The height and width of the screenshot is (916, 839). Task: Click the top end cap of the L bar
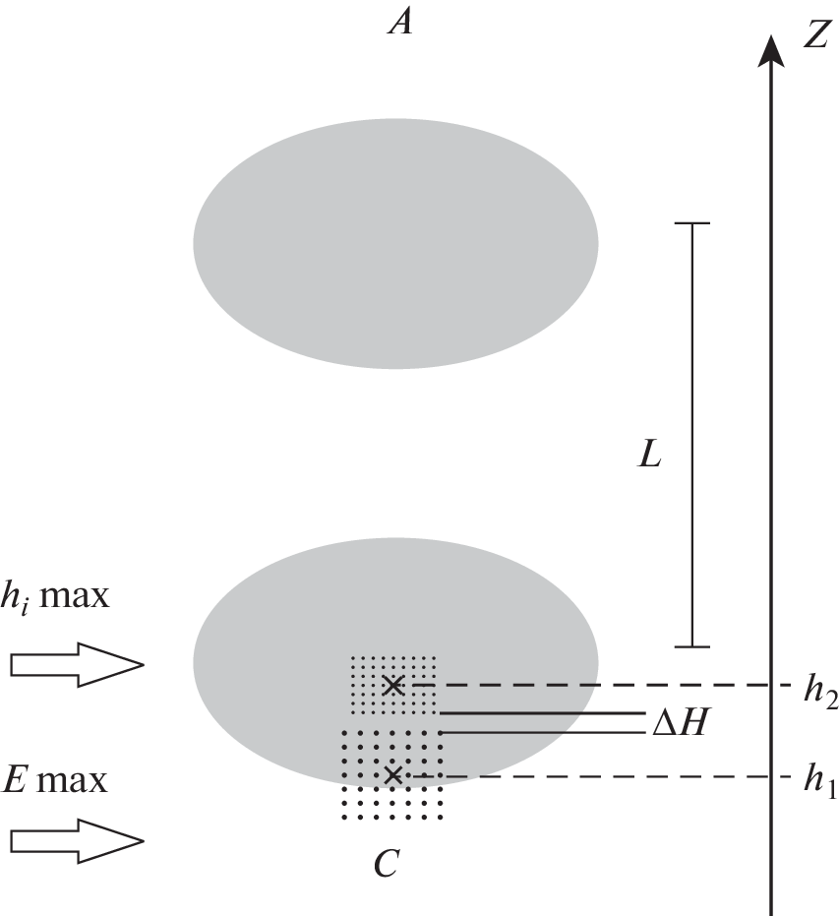(x=692, y=224)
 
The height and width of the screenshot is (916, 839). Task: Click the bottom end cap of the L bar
(x=692, y=646)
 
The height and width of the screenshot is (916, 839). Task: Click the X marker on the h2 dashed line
(x=393, y=685)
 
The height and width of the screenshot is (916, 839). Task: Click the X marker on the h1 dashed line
(x=393, y=776)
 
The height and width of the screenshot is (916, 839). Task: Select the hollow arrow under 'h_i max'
(x=77, y=665)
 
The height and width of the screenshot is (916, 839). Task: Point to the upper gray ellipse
(x=395, y=243)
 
